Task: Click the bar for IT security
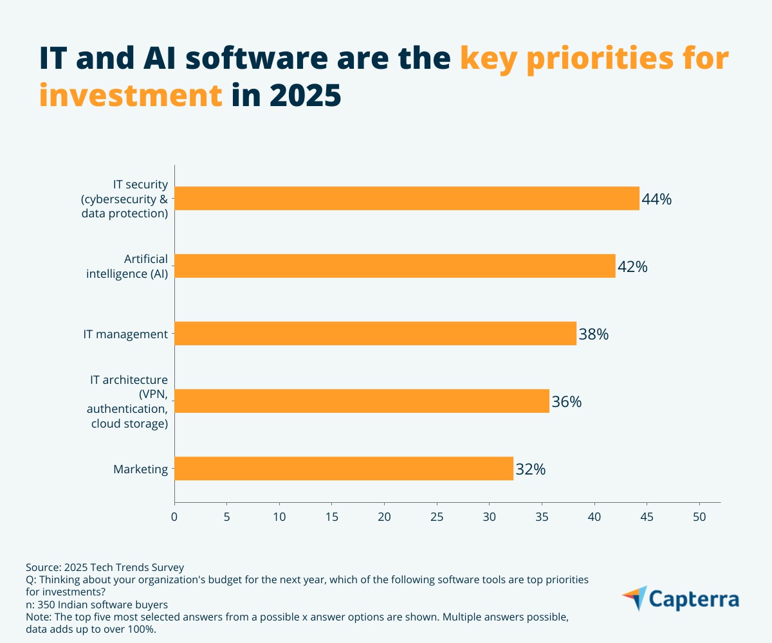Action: pyautogui.click(x=407, y=199)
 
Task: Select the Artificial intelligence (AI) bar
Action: pyautogui.click(x=394, y=266)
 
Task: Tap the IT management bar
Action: pyautogui.click(x=375, y=334)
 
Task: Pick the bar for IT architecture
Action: pyautogui.click(x=362, y=401)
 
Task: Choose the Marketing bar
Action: pyautogui.click(x=344, y=469)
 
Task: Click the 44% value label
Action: pyautogui.click(x=656, y=199)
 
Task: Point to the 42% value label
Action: pyautogui.click(x=632, y=267)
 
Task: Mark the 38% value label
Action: pyautogui.click(x=593, y=334)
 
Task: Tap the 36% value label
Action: pyautogui.click(x=566, y=402)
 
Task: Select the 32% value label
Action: pyautogui.click(x=530, y=469)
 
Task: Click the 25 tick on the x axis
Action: pyautogui.click(x=437, y=516)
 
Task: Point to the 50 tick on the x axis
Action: pyautogui.click(x=699, y=516)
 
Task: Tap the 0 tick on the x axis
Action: pyautogui.click(x=174, y=516)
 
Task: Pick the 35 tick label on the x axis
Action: pyautogui.click(x=542, y=516)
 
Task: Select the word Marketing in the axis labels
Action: pyautogui.click(x=140, y=469)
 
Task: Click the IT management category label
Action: pyautogui.click(x=125, y=334)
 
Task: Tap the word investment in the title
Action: pyautogui.click(x=131, y=95)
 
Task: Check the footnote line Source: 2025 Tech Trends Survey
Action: pyautogui.click(x=105, y=567)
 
